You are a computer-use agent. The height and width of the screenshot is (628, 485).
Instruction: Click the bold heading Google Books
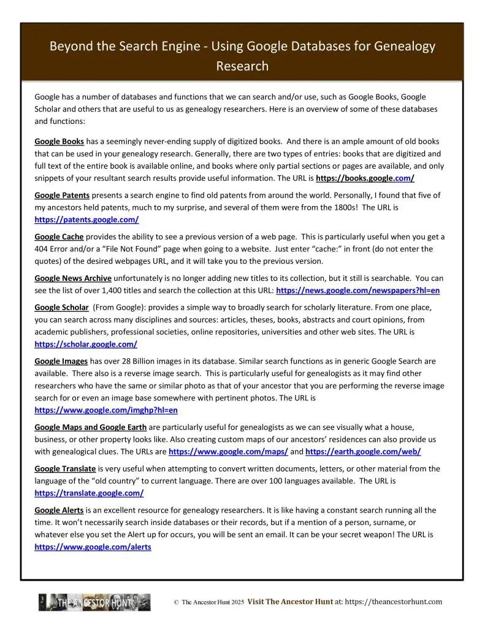tap(59, 142)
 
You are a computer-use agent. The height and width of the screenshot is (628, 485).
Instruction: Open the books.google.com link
tap(365, 178)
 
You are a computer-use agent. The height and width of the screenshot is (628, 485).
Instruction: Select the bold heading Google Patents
tap(62, 195)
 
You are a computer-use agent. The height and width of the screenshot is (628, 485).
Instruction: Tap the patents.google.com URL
tap(86, 219)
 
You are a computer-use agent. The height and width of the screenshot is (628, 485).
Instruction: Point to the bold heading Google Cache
tap(59, 237)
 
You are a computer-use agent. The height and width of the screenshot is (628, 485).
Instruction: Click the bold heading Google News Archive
tap(73, 278)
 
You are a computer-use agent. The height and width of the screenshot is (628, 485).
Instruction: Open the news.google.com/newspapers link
tap(360, 290)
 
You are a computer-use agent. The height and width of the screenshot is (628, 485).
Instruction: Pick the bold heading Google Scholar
tap(61, 307)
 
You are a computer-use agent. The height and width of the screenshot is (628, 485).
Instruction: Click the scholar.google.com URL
tap(86, 344)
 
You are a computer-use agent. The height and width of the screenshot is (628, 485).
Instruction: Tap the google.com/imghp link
tap(106, 410)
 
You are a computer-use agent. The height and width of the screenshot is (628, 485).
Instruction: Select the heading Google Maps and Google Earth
tap(90, 427)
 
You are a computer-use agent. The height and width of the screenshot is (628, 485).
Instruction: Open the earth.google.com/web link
tap(363, 451)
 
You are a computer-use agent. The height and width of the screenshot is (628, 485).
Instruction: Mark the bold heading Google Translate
tap(64, 469)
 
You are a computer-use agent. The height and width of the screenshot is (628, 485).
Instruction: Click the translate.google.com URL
tap(89, 493)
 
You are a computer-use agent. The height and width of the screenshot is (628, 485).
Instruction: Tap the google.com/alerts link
tap(93, 546)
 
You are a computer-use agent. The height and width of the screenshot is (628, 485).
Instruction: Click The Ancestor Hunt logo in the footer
tap(94, 602)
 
